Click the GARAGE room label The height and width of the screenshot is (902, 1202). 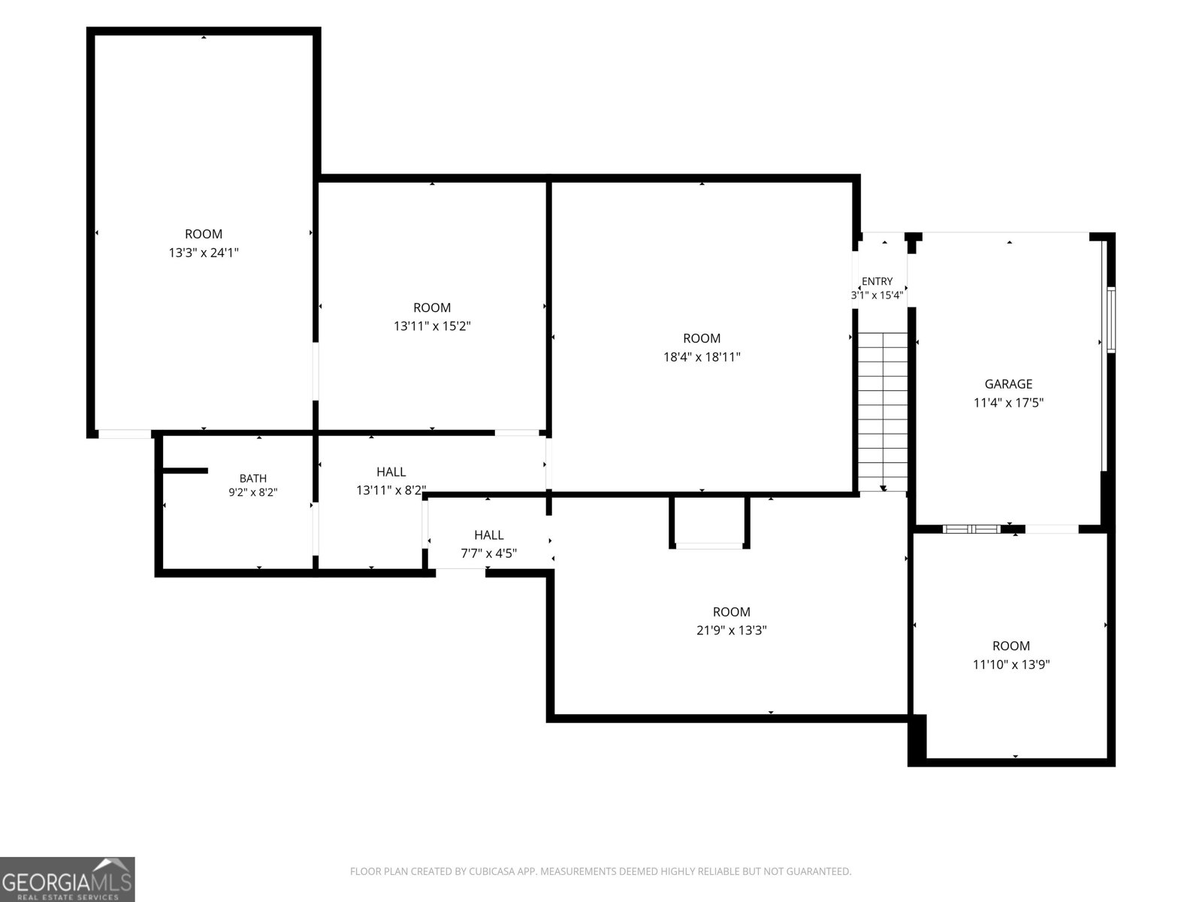1008,384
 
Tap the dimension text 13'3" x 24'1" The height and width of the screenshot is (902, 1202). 204,253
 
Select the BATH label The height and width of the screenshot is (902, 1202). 253,479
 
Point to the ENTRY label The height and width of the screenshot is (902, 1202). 877,281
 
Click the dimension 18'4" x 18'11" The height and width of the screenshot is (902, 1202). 702,357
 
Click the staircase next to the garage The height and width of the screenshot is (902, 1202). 882,412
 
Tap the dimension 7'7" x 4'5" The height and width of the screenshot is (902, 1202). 488,553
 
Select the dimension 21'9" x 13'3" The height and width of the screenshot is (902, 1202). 732,630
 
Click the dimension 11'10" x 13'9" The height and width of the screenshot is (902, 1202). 1011,664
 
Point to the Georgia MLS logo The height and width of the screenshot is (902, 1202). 68,879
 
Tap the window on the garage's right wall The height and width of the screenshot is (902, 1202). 1110,320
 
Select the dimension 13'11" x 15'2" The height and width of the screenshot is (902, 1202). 432,326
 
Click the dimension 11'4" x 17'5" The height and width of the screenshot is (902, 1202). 1008,403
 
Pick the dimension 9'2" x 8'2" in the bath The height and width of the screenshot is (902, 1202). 253,492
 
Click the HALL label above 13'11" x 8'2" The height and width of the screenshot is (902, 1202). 391,471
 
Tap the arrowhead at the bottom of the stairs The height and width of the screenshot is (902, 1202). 883,488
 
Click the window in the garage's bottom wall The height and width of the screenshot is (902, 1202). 971,529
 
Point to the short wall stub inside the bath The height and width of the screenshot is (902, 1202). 185,471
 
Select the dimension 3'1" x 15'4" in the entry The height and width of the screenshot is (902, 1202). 877,295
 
